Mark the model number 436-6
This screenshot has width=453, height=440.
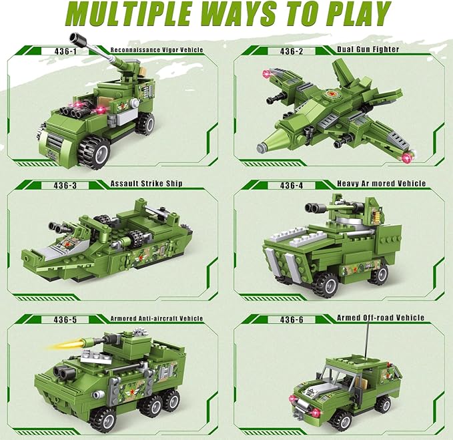291,320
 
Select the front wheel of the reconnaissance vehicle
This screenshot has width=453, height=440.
93,150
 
